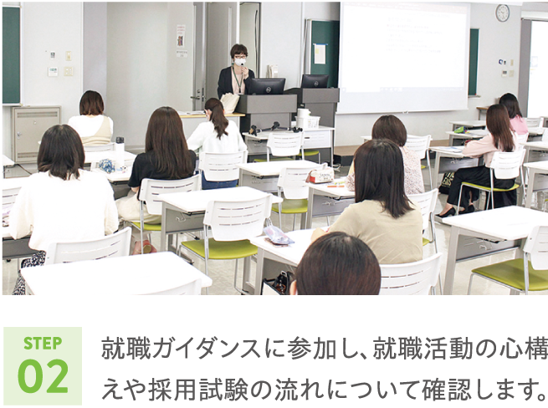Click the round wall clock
pyautogui.click(x=502, y=13)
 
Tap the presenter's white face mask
pyautogui.click(x=240, y=62)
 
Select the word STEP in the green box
pyautogui.click(x=43, y=344)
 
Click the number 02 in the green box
pyautogui.click(x=43, y=376)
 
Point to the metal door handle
pyautogui.click(x=197, y=97)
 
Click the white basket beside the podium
pyautogui.click(x=307, y=122)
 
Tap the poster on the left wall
pyautogui.click(x=181, y=36)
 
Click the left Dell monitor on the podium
pyautogui.click(x=267, y=86)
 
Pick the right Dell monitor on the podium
pyautogui.click(x=315, y=81)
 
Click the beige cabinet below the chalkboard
pyautogui.click(x=36, y=134)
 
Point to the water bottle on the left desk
pyautogui.click(x=120, y=152)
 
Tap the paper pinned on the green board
pyautogui.click(x=320, y=54)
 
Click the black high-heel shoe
pyautogui.click(x=446, y=212)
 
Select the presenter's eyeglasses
pyautogui.click(x=239, y=56)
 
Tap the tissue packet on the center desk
pyautogui.click(x=320, y=176)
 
